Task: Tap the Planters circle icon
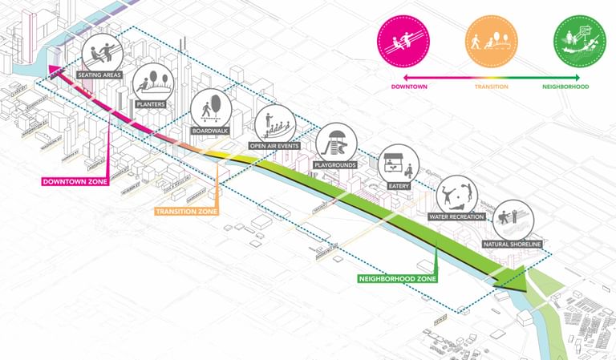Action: tap(151, 83)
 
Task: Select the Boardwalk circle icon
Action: tap(210, 108)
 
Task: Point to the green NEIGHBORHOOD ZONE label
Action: tap(397, 279)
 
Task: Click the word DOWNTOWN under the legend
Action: tap(408, 86)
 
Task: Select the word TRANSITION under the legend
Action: tap(492, 86)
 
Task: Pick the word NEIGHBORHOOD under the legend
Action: tap(565, 86)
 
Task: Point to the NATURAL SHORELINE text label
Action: tap(513, 243)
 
